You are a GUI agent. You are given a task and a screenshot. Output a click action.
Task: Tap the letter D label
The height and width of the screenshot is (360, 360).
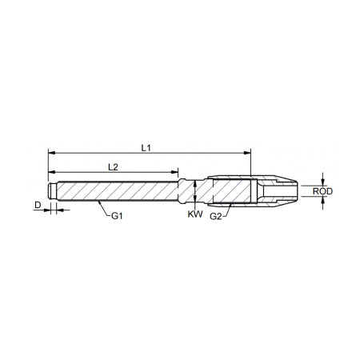click(x=38, y=206)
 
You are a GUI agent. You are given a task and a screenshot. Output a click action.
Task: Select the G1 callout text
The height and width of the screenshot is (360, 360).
click(x=117, y=216)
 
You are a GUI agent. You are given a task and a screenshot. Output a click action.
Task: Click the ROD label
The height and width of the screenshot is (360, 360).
click(x=323, y=192)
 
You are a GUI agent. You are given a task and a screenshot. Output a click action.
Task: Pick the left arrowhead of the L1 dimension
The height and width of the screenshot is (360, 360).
click(x=51, y=151)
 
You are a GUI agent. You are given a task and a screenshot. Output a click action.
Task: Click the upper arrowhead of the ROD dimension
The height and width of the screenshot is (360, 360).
click(x=322, y=181)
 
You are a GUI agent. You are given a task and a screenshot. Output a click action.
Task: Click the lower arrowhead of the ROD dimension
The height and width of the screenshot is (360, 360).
click(x=322, y=202)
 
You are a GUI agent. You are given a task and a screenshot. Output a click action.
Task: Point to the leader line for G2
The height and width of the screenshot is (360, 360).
click(x=227, y=210)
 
